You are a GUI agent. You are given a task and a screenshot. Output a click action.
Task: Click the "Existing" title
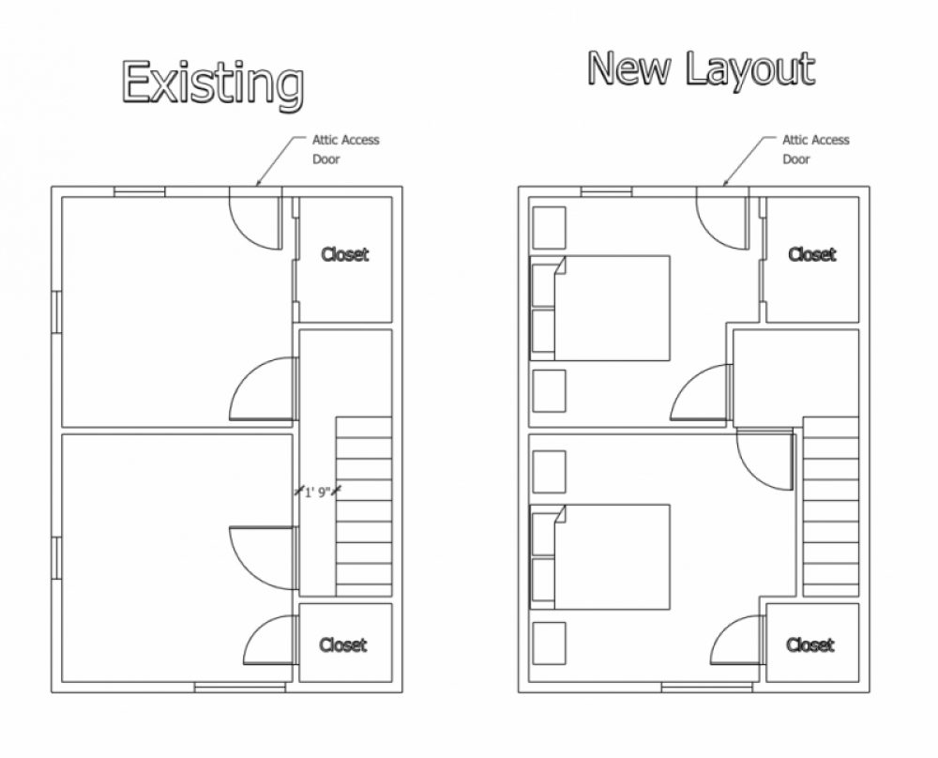point(213,84)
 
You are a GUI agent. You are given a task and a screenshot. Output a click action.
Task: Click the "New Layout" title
point(701,69)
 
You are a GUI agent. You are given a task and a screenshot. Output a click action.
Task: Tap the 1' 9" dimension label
point(318,493)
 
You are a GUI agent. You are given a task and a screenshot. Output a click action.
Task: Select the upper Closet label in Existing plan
point(344,254)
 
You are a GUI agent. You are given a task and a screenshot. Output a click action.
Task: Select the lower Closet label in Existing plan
point(342,644)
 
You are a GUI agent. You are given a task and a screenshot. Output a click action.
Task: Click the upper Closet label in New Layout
point(811,254)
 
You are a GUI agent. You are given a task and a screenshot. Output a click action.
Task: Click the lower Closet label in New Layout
point(810,644)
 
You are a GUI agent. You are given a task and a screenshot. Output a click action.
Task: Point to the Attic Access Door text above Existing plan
point(346,149)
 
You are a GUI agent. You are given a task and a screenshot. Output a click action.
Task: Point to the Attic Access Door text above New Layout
point(816,149)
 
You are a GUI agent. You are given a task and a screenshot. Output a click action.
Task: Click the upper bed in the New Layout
point(600,308)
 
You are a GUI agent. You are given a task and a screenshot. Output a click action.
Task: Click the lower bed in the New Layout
point(600,557)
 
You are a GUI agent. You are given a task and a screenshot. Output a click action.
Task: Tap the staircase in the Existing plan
point(364,507)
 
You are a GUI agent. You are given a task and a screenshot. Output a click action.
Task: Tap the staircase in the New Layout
point(831,507)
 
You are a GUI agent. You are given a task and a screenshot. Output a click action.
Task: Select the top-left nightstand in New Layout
point(549,228)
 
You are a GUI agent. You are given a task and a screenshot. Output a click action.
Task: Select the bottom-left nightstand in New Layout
point(549,644)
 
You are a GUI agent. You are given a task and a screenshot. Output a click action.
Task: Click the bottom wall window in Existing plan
point(240,688)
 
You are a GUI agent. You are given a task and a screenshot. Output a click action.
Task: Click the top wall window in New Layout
point(606,191)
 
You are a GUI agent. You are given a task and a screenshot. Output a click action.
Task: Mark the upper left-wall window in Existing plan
point(56,311)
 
